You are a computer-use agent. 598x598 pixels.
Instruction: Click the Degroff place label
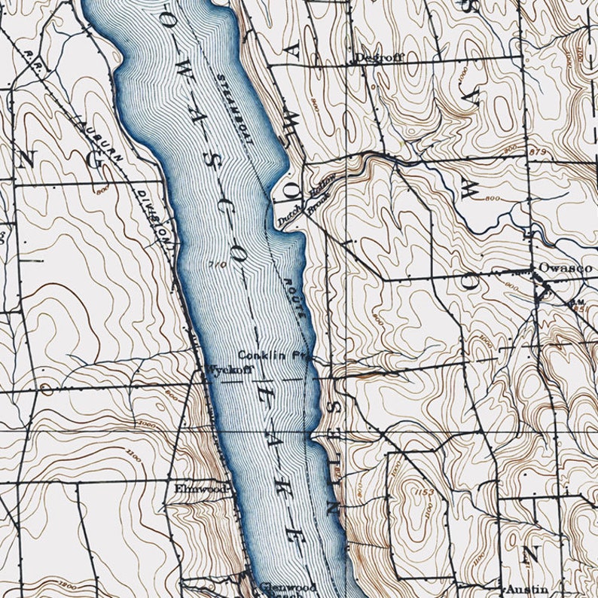[x=374, y=58]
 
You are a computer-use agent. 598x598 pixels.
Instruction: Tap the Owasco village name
[x=565, y=268]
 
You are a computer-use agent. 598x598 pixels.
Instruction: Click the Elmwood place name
[x=200, y=489]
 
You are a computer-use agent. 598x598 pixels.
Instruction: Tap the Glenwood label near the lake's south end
[x=280, y=586]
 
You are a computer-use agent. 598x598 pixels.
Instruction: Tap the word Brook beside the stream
[x=319, y=198]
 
